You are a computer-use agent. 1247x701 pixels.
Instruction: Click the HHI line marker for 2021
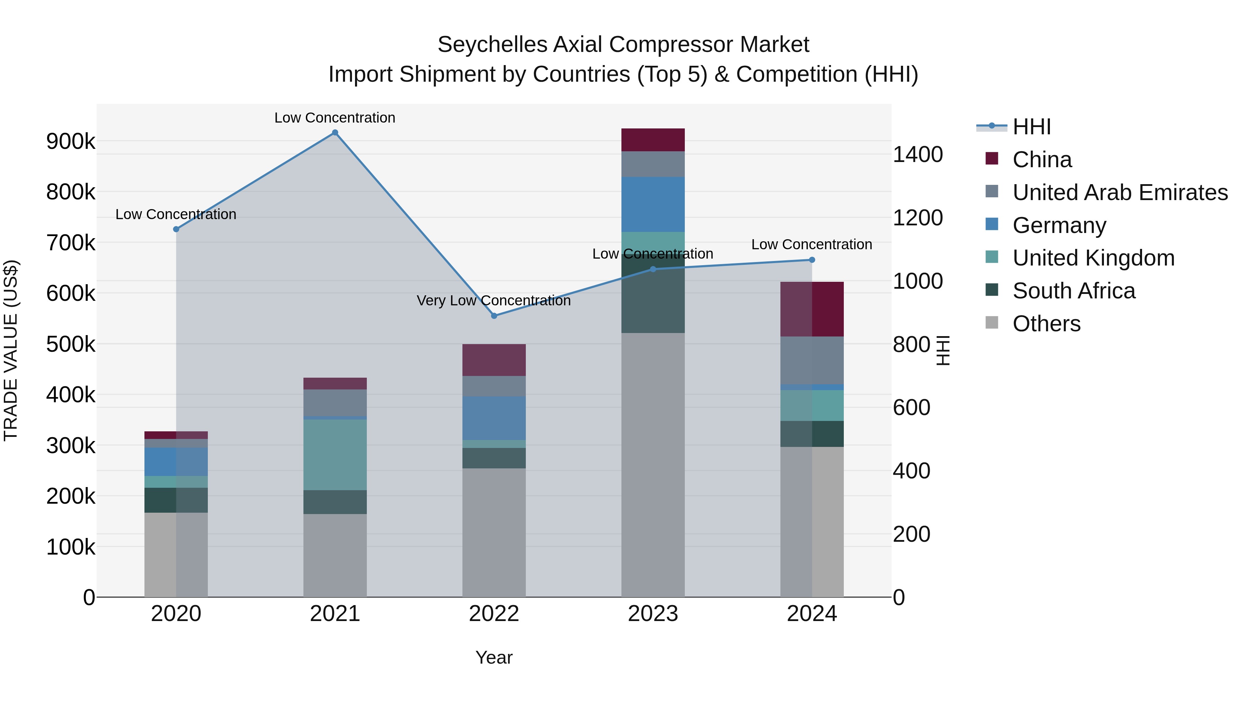coord(335,133)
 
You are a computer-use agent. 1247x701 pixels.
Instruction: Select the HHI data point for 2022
coord(494,316)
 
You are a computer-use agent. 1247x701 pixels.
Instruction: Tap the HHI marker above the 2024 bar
coord(812,260)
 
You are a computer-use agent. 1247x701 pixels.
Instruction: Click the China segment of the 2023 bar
coord(653,140)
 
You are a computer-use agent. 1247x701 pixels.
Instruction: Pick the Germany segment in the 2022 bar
coord(494,418)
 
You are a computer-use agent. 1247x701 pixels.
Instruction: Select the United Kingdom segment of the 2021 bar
coord(335,455)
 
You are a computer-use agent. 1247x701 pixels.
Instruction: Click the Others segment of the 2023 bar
coord(653,465)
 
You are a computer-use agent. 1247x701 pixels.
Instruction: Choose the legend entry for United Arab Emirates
coord(1120,192)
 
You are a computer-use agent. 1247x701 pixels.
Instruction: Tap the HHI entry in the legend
coord(1031,127)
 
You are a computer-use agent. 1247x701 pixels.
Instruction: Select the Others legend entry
coord(1046,324)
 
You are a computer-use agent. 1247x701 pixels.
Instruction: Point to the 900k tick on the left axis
coord(71,141)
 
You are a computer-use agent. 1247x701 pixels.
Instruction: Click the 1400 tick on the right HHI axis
coord(917,155)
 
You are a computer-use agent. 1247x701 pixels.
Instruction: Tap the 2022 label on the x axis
coord(494,614)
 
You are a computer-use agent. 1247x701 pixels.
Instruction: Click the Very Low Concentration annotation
coord(494,300)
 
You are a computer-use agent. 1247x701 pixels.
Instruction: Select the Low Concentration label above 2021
coord(335,118)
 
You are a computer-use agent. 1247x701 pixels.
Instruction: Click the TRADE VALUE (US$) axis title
coord(11,350)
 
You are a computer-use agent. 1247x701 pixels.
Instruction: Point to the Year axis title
coord(494,657)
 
